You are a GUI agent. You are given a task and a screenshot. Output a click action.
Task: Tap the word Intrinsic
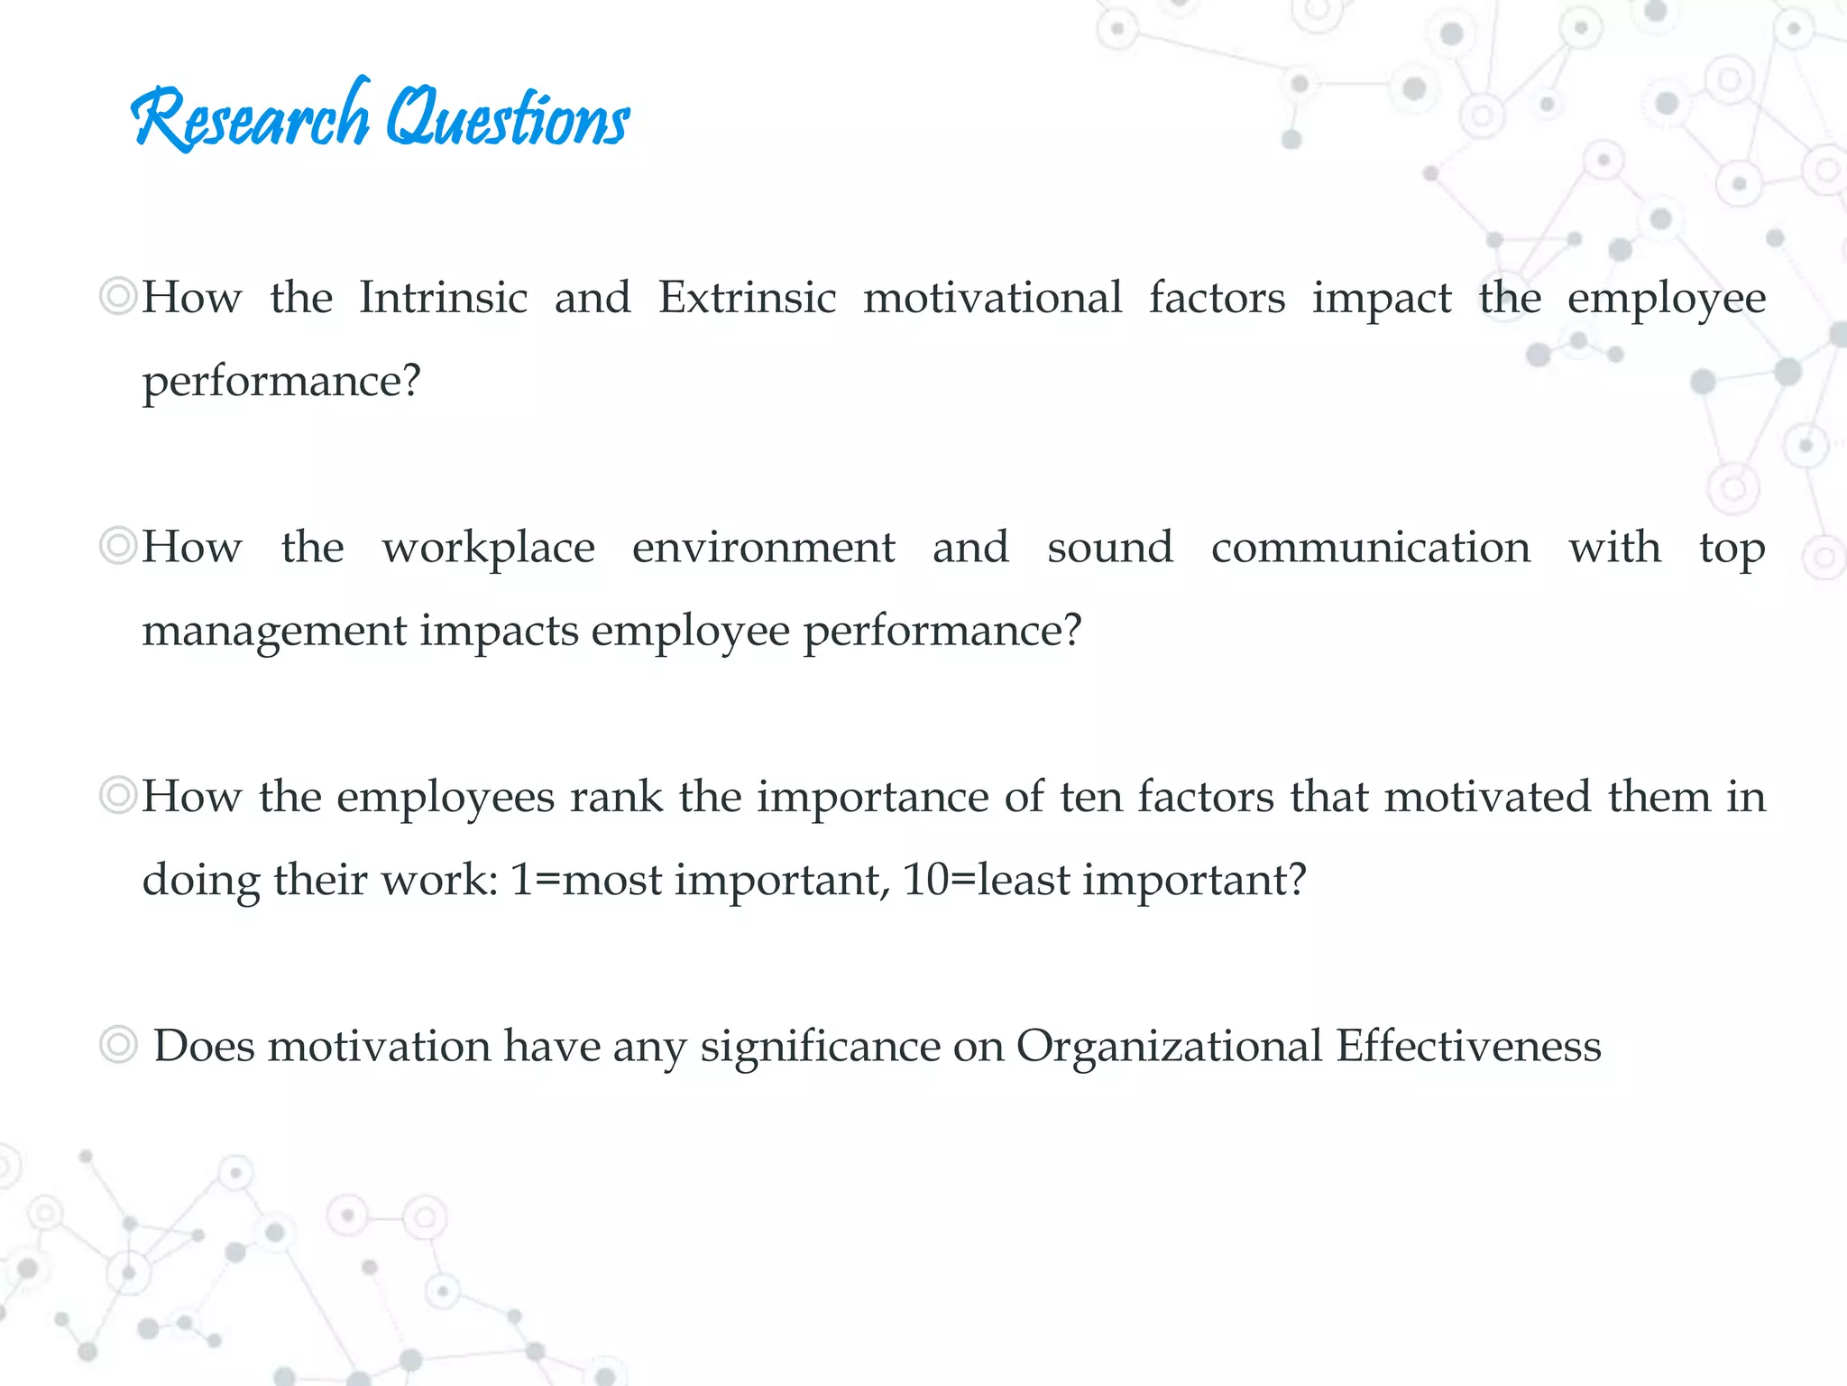[x=443, y=298]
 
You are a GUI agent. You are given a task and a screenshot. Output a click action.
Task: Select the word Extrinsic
[x=747, y=298]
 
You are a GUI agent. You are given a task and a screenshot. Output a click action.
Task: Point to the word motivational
[x=992, y=298]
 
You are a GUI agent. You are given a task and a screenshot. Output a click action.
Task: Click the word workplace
[x=488, y=549]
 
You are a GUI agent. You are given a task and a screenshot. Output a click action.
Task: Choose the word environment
[x=763, y=547]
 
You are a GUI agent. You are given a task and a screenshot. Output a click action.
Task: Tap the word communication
[x=1370, y=547]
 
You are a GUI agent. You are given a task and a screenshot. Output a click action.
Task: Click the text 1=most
[x=585, y=880]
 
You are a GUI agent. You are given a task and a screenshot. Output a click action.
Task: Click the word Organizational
[x=1169, y=1047]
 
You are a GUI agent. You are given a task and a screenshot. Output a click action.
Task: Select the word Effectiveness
[x=1468, y=1047]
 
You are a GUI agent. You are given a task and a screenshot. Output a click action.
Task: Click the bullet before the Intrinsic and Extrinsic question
[x=117, y=296]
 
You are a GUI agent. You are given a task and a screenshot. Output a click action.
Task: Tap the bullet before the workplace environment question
[x=117, y=546]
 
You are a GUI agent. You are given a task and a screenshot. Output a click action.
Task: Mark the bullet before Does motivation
[x=117, y=1046]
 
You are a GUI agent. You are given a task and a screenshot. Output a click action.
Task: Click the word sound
[x=1109, y=547]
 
